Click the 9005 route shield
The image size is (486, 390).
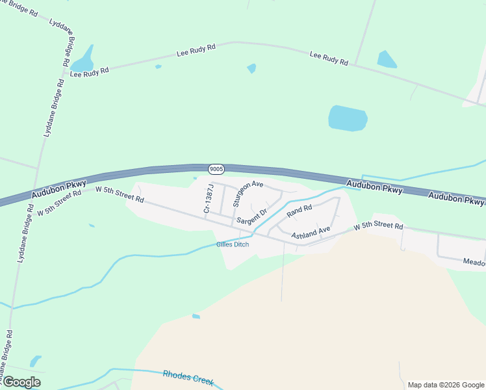tap(216, 169)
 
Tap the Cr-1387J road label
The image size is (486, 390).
tap(208, 198)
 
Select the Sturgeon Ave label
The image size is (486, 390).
tap(248, 193)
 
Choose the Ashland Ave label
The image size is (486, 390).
tap(311, 233)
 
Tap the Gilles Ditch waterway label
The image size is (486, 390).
tap(232, 245)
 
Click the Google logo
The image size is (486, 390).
tap(21, 382)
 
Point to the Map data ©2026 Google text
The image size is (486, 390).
tap(446, 385)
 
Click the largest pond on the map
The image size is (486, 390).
tap(348, 118)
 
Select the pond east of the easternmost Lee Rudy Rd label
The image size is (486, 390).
tap(387, 60)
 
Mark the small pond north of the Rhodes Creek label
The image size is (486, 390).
tap(196, 317)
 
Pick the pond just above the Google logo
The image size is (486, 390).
tap(35, 361)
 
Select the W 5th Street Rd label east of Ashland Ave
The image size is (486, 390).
tap(378, 227)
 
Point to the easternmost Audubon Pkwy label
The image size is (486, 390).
tap(457, 198)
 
